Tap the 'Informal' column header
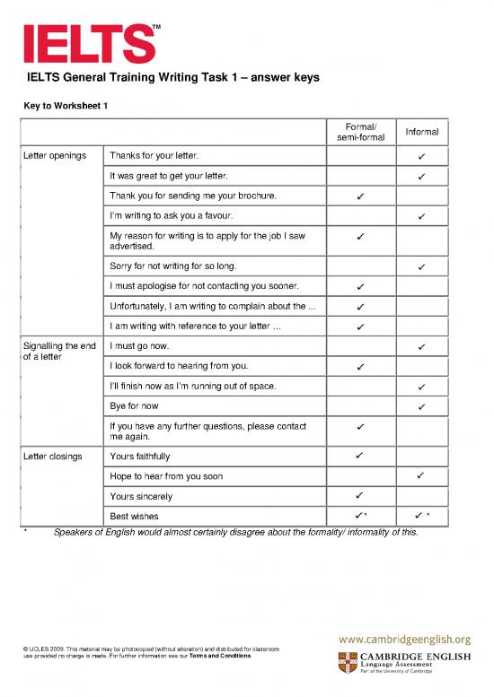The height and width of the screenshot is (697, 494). pos(421,132)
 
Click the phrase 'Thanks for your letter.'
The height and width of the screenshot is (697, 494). pos(154,156)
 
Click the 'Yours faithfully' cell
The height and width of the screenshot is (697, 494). pos(139,457)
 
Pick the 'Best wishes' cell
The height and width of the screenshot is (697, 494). pos(131,517)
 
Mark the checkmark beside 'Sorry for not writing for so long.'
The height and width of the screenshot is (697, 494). pos(421,267)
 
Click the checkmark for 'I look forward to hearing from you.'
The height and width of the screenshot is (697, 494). pos(358,367)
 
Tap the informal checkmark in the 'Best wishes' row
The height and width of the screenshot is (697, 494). pos(419,516)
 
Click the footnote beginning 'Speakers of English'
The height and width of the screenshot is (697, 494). pos(235,532)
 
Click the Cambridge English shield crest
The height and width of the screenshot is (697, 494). pos(347,663)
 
